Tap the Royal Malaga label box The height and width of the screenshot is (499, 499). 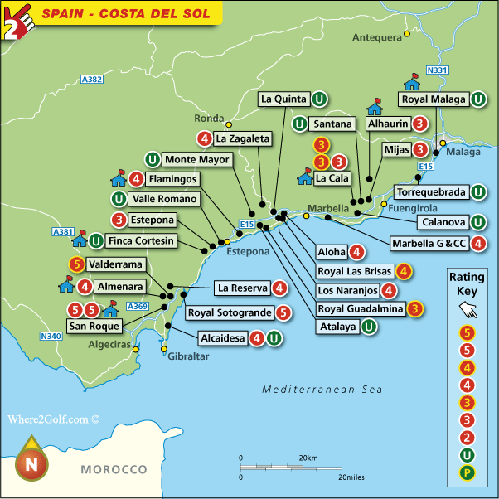tap(433, 100)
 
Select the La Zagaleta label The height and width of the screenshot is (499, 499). tap(243, 138)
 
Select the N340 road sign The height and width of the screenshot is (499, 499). tap(51, 336)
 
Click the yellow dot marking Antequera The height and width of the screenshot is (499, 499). tap(406, 34)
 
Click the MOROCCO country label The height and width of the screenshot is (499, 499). tap(114, 469)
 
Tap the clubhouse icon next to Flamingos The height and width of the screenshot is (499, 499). tap(118, 178)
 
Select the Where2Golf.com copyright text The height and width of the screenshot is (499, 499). tap(54, 419)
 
